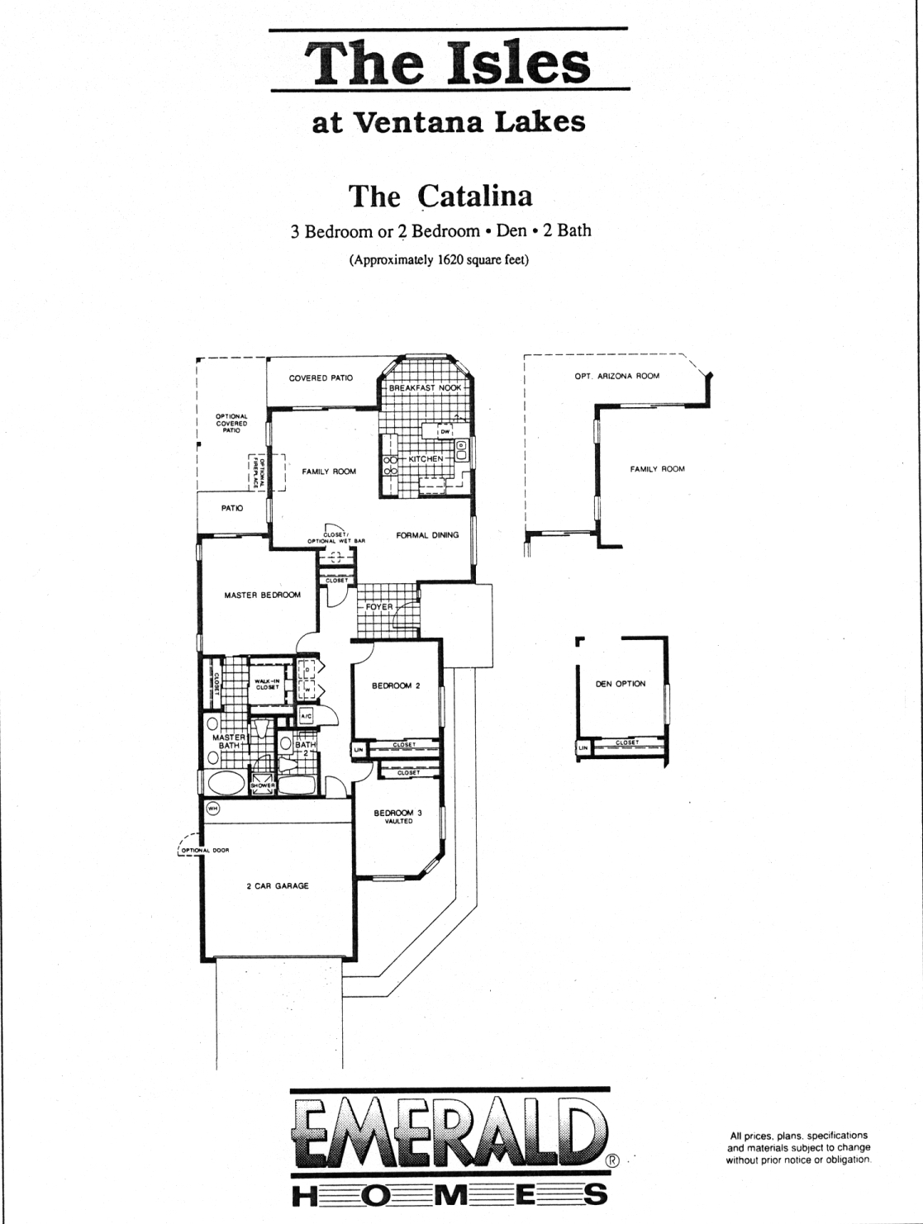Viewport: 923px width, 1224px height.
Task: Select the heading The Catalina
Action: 440,196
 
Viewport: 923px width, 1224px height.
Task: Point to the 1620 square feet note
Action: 439,259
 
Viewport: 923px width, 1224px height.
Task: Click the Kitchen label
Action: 426,458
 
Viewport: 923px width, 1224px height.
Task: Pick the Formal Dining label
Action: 427,535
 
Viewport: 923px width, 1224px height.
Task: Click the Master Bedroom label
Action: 263,595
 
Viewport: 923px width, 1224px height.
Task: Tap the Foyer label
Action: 379,607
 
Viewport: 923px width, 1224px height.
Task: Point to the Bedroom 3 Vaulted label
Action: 397,816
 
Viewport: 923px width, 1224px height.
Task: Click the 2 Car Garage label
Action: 278,885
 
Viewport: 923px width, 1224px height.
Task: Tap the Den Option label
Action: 621,684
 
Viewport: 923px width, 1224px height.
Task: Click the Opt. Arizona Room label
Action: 616,376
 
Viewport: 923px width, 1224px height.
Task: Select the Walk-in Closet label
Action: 268,684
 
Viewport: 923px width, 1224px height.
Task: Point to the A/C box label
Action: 305,715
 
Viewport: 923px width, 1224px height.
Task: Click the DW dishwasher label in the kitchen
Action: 444,432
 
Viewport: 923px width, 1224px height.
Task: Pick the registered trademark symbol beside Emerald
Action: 613,1159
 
